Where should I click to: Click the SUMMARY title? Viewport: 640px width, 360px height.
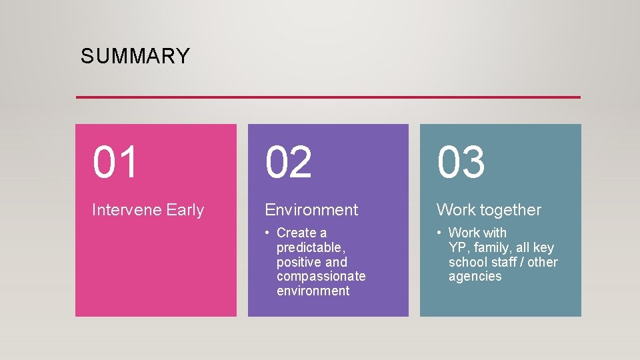pyautogui.click(x=135, y=56)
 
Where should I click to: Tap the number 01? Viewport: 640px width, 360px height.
pyautogui.click(x=115, y=163)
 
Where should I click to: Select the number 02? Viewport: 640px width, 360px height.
pyautogui.click(x=289, y=163)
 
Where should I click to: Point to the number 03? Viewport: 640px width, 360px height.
pyautogui.click(x=461, y=163)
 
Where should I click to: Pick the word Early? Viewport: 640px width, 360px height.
pyautogui.click(x=185, y=210)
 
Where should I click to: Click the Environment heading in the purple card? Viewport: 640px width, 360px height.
pyautogui.click(x=311, y=210)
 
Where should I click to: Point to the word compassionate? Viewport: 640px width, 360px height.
pyautogui.click(x=321, y=276)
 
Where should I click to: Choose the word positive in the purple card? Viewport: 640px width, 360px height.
pyautogui.click(x=299, y=262)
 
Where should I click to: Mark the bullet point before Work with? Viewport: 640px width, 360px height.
pyautogui.click(x=440, y=233)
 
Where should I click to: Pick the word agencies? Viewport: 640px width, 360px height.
pyautogui.click(x=475, y=276)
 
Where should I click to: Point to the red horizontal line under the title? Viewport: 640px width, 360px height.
pyautogui.click(x=328, y=97)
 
